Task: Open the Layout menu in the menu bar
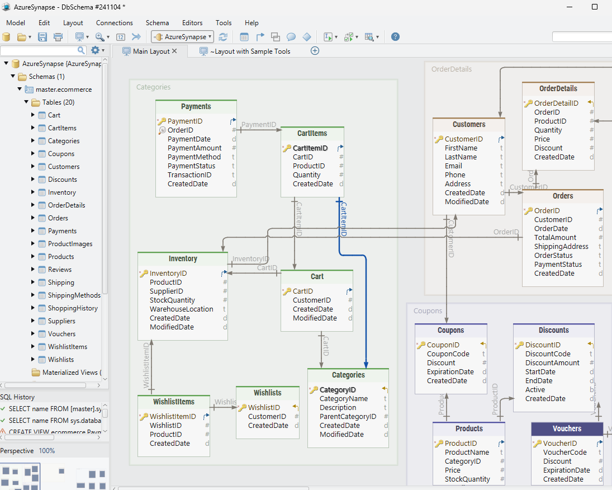(x=73, y=23)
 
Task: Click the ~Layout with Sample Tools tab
(x=250, y=51)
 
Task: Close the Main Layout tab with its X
(x=174, y=51)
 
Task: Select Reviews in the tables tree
(x=59, y=270)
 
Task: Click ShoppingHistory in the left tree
(x=72, y=308)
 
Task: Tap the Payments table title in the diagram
(x=196, y=106)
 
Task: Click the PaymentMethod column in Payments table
(x=194, y=157)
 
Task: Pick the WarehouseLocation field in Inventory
(x=181, y=309)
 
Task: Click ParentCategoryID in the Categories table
(x=348, y=417)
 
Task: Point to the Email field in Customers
(x=453, y=166)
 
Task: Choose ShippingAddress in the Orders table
(x=561, y=247)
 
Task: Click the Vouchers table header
(x=567, y=429)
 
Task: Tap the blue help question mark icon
(x=395, y=37)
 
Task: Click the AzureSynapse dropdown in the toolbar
(x=182, y=37)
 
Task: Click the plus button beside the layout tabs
(x=315, y=51)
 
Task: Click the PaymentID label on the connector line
(x=259, y=124)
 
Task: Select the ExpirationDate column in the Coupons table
(x=450, y=372)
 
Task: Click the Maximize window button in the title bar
(x=595, y=7)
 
